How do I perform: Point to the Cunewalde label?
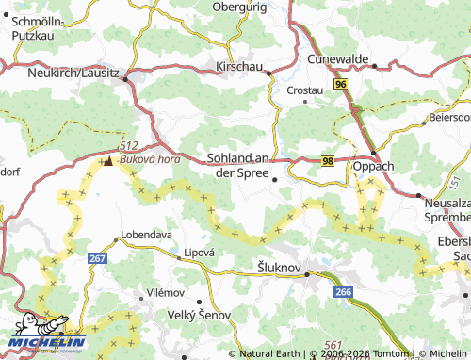(x=337, y=58)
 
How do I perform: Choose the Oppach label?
(x=373, y=167)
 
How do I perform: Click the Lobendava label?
(x=144, y=234)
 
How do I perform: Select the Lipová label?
(x=200, y=253)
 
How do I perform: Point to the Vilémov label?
(x=166, y=294)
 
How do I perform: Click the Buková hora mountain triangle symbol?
(x=108, y=162)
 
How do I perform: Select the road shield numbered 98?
(x=327, y=162)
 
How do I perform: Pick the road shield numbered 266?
(x=343, y=293)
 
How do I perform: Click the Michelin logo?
(x=47, y=333)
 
